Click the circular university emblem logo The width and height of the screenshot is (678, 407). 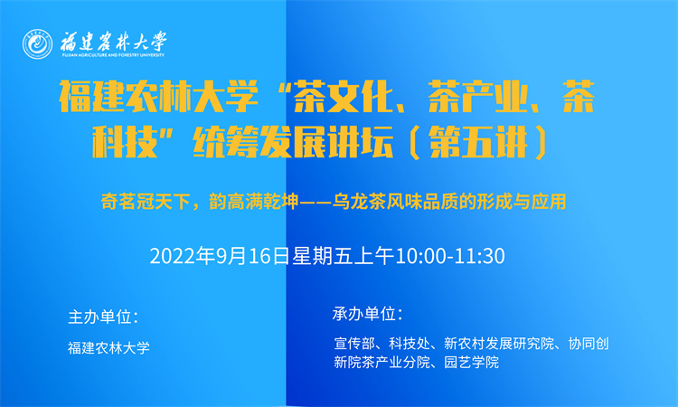point(38,44)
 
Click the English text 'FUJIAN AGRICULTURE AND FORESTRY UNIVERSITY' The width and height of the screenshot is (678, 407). point(113,55)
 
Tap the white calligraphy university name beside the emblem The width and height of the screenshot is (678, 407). point(113,42)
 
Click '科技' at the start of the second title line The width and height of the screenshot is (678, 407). point(125,142)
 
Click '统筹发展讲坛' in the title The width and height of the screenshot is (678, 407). point(293,142)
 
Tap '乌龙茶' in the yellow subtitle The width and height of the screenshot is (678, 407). point(359,202)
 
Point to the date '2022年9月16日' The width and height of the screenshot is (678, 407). point(220,256)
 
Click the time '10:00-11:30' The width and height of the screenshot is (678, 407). point(450,257)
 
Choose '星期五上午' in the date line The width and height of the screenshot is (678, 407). point(343,256)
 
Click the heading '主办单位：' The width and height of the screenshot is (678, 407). point(103,317)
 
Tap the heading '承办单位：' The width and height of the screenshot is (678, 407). point(368,314)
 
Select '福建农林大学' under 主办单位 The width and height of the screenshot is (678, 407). point(109,347)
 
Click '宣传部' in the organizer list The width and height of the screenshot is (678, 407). point(354,344)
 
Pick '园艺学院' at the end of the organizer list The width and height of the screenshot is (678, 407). point(471,362)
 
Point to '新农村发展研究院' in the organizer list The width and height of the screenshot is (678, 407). point(499,344)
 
